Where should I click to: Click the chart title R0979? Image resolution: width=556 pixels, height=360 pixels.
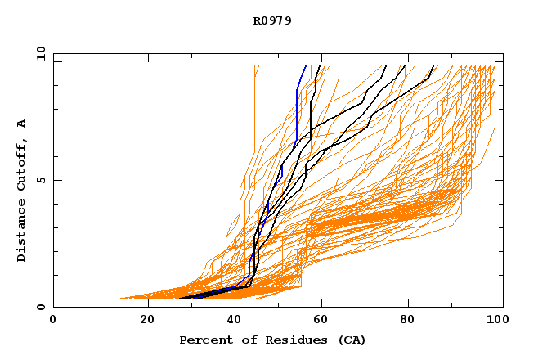point(272,20)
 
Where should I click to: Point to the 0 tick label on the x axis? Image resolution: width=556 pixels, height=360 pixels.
point(53,321)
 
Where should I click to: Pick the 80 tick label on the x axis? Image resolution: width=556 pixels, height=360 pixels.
point(406,321)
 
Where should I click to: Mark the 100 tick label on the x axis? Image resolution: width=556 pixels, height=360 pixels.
point(495,321)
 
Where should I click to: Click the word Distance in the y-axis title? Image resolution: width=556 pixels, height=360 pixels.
point(21,231)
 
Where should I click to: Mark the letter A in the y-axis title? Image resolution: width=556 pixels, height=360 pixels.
point(21,124)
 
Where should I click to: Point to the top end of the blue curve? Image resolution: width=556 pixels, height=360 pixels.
point(306,66)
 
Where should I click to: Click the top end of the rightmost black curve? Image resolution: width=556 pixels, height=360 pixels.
point(433,66)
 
